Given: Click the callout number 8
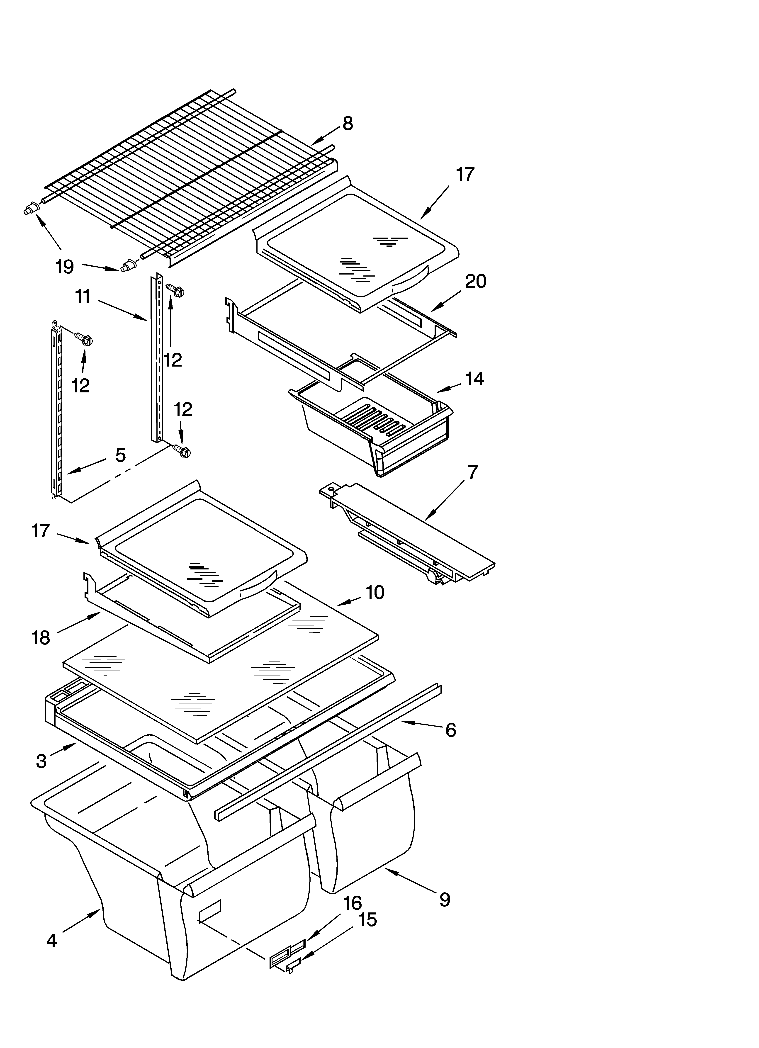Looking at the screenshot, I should tap(348, 124).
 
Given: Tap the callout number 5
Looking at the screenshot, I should tap(120, 455).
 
